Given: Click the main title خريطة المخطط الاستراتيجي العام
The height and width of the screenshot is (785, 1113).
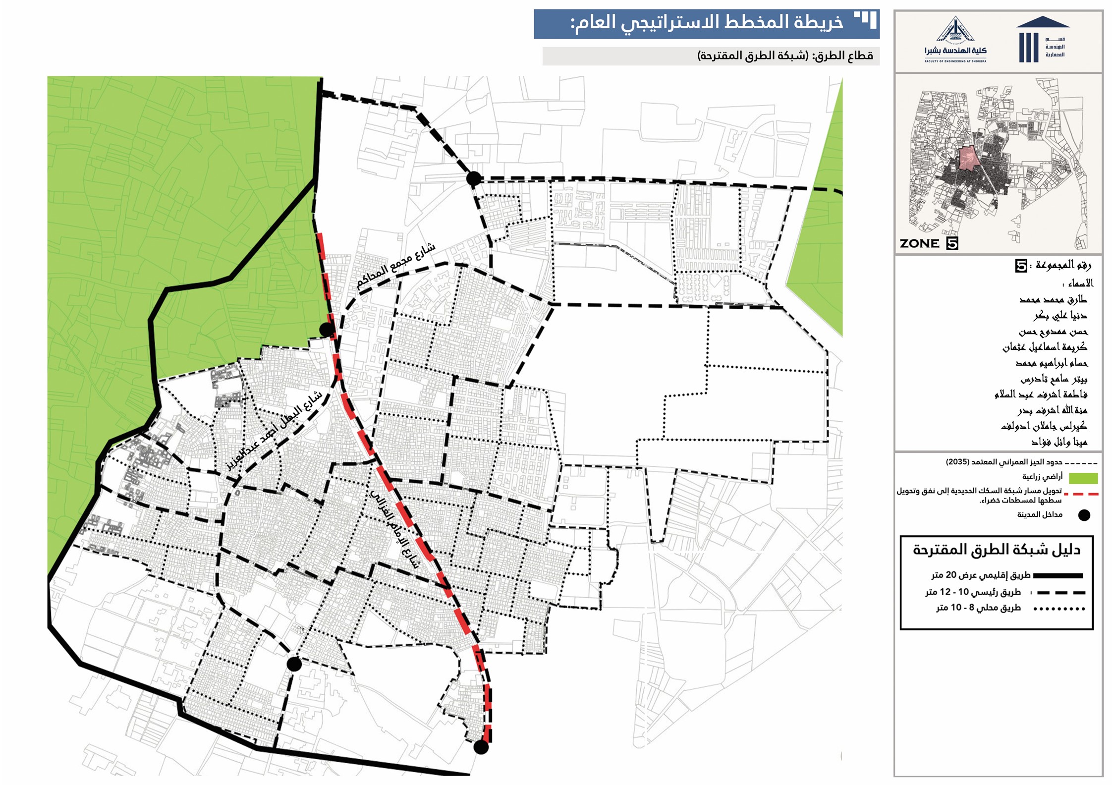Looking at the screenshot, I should pos(706,23).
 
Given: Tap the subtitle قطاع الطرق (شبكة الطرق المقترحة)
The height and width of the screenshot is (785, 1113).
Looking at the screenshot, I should pos(785,56).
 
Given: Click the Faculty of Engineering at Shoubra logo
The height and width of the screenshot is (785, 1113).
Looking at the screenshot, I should pos(955,41).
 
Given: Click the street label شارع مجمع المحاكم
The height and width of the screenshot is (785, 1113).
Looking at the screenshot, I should pos(396,266).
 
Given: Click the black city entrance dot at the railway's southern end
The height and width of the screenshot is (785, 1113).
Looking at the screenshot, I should pos(481,747).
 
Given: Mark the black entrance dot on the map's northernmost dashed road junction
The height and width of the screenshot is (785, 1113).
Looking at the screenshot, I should pos(473,178).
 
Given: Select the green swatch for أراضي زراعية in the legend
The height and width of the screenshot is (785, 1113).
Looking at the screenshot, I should pos(1083,478).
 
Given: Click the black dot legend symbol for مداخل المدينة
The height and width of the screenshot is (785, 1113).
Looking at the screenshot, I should pos(1084,515).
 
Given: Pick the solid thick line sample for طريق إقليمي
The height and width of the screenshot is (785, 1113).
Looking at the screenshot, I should pos(1058,575).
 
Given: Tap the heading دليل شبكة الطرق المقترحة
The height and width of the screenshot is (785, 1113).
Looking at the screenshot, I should pos(996,550).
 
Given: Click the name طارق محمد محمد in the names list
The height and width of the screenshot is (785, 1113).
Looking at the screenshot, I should pos(1053,299).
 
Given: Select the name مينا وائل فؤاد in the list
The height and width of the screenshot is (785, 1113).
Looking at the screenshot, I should pos(1059,442).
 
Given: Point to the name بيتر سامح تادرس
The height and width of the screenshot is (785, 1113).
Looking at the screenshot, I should pos(1054,379).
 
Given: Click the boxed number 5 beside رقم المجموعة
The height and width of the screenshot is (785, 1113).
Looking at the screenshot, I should pos(1021,266).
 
